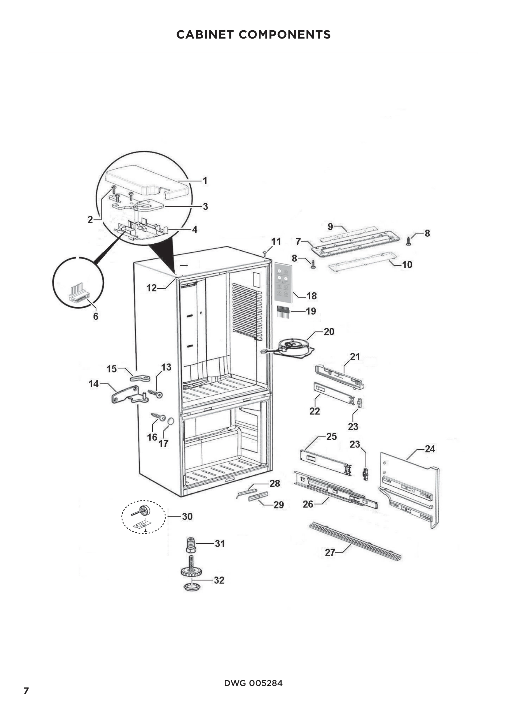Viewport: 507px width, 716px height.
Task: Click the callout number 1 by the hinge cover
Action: click(205, 181)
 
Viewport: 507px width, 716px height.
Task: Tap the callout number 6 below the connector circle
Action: click(96, 316)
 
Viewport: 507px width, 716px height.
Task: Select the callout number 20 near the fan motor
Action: click(329, 332)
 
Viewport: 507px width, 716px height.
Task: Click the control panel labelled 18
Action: click(283, 283)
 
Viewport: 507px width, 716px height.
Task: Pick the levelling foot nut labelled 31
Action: click(191, 545)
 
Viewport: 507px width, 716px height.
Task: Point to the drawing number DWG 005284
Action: click(253, 683)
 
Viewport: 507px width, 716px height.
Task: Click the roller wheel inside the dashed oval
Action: click(144, 510)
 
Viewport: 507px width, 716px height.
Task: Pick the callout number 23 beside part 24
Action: click(355, 444)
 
